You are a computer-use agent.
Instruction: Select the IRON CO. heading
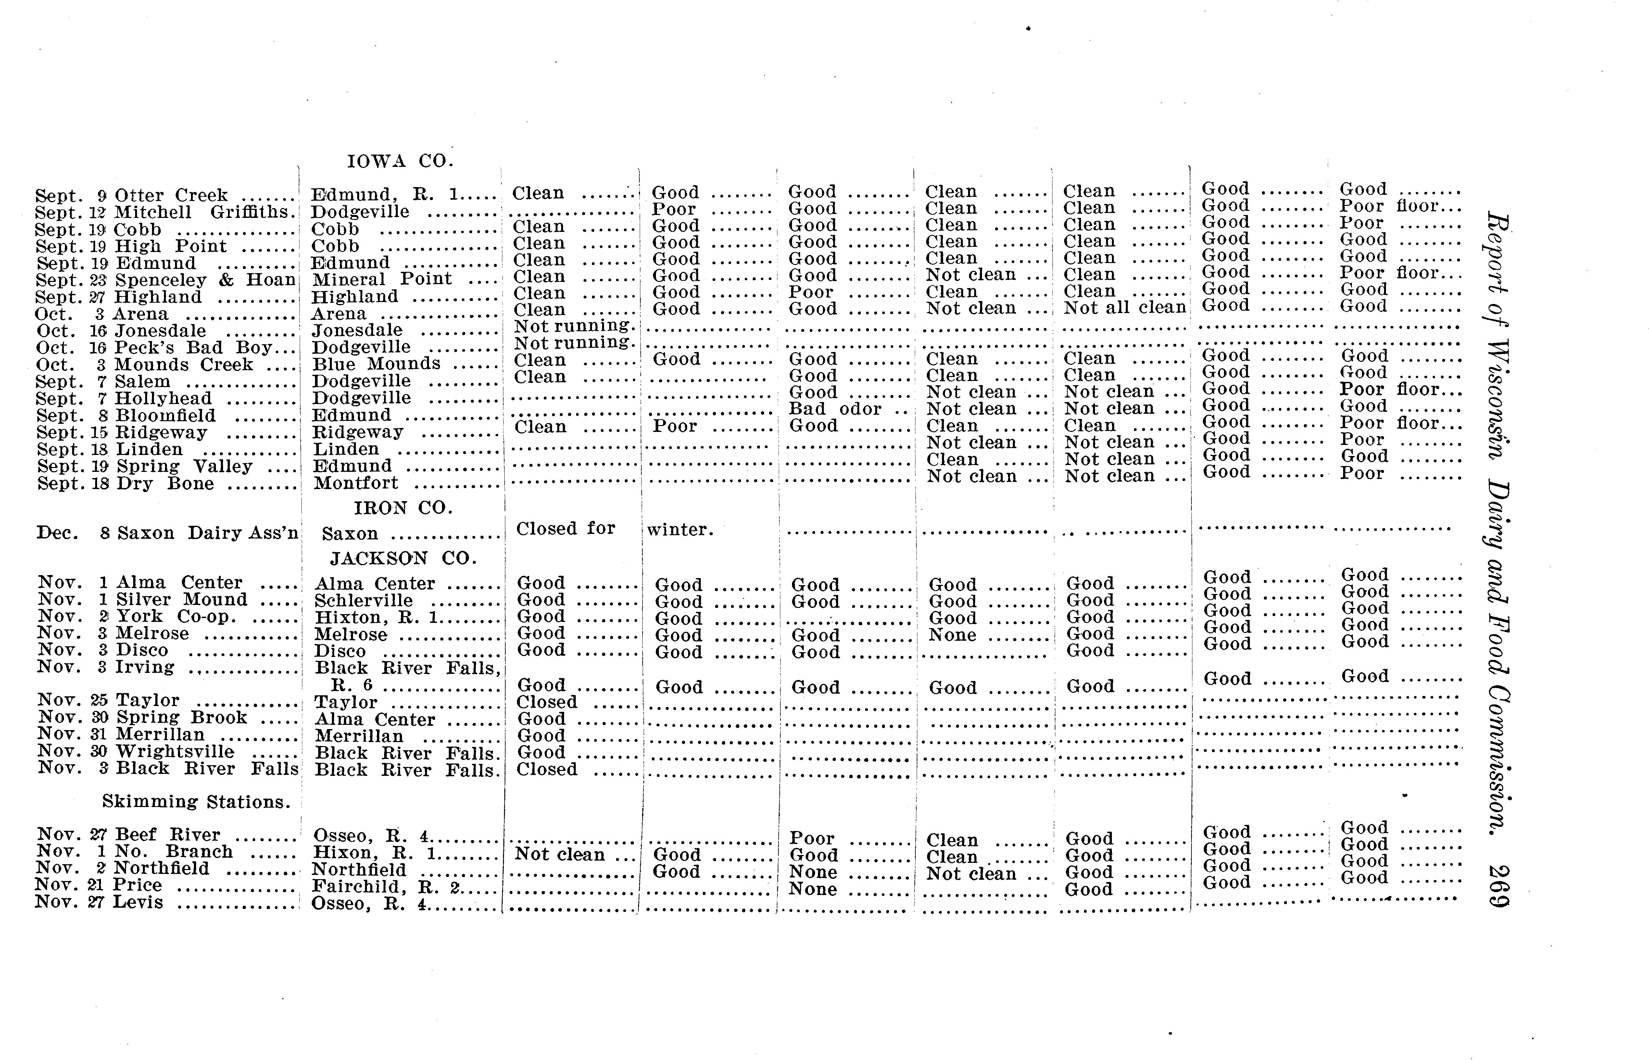[403, 508]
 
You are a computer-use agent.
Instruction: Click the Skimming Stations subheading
[196, 802]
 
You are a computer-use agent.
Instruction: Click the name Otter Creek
[171, 196]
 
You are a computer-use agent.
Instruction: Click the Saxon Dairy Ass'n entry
[208, 534]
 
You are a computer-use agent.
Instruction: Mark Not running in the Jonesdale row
[572, 326]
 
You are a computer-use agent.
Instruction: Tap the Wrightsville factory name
[175, 751]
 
